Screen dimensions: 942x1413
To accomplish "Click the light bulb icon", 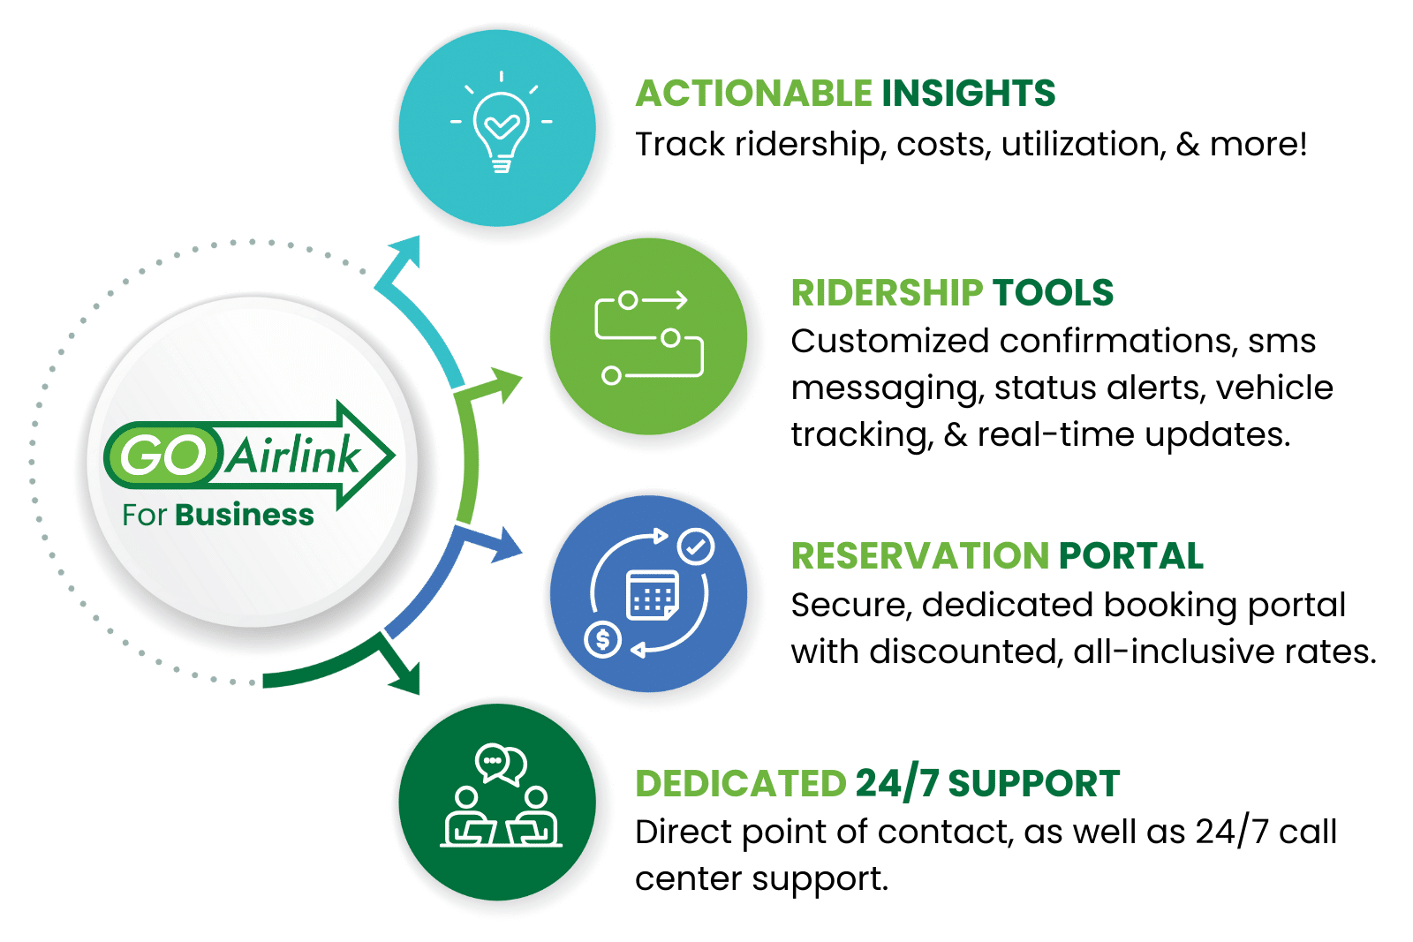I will tap(501, 131).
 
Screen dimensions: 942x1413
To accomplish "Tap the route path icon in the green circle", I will tap(649, 337).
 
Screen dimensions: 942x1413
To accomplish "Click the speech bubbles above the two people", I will tap(501, 764).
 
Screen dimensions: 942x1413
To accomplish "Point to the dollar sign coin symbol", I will tap(603, 638).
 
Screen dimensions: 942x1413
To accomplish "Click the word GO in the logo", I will tap(162, 456).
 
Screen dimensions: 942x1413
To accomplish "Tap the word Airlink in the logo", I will tap(294, 456).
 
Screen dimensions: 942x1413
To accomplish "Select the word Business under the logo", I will tap(245, 515).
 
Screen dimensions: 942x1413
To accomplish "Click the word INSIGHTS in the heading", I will tap(968, 93).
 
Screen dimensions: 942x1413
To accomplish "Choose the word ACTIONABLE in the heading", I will tap(753, 93).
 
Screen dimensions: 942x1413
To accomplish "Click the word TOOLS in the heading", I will tap(1053, 292).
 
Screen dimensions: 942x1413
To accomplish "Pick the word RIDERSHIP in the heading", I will tap(887, 292).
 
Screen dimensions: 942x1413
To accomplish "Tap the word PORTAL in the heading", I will tap(1131, 555).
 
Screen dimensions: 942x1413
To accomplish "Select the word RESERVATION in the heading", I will tap(919, 555).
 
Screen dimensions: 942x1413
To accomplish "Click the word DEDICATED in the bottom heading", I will tap(740, 783).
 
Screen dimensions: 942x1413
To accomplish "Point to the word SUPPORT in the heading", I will tap(1033, 783).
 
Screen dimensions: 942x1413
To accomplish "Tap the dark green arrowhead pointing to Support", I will tap(406, 678).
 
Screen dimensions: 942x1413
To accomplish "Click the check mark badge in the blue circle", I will tap(696, 546).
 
